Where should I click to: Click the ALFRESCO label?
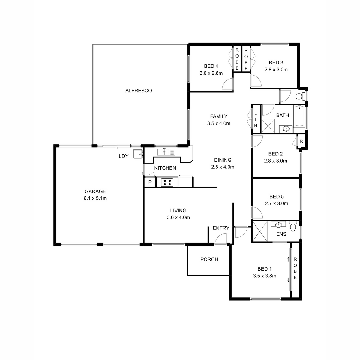pyautogui.click(x=139, y=91)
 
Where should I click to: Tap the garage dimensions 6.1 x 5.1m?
pyautogui.click(x=95, y=198)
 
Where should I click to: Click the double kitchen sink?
pyautogui.click(x=166, y=151)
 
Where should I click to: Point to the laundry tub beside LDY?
pyautogui.click(x=138, y=154)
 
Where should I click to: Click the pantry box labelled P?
pyautogui.click(x=150, y=182)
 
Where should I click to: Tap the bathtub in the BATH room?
pyautogui.click(x=299, y=116)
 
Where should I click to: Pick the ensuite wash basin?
pyautogui.click(x=278, y=225)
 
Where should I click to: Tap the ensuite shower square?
pyautogui.click(x=260, y=232)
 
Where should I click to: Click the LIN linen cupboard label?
pyautogui.click(x=256, y=119)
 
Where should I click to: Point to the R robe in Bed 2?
pyautogui.click(x=301, y=141)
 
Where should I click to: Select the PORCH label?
pyautogui.click(x=209, y=259)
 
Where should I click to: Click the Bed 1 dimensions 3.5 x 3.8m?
pyautogui.click(x=265, y=276)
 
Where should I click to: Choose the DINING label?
pyautogui.click(x=223, y=160)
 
